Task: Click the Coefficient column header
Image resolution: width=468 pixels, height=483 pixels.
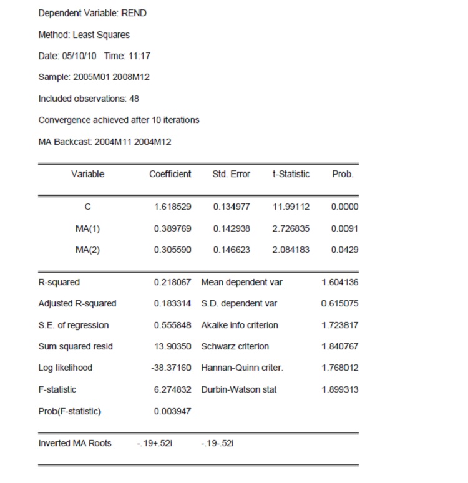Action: point(170,174)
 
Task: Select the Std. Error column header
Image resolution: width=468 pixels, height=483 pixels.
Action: point(231,174)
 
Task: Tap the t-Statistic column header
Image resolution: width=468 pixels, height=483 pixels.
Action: point(290,174)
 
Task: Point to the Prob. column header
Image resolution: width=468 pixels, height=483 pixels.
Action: point(343,174)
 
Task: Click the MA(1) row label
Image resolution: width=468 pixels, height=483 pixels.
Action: point(87,228)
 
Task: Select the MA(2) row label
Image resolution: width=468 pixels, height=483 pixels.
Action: point(87,250)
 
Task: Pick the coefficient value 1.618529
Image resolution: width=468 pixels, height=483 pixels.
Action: point(172,207)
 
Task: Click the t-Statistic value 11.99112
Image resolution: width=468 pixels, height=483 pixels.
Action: point(291,207)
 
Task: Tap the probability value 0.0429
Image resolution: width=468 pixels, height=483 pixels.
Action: point(345,250)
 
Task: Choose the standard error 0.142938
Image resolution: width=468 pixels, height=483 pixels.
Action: point(232,228)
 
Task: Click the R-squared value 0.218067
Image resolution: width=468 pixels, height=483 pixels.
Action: point(172,282)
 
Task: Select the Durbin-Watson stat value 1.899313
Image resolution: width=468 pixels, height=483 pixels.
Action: point(340,389)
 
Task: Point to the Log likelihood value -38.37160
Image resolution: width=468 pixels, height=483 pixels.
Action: point(171,368)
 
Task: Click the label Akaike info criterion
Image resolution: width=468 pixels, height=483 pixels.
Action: point(240,325)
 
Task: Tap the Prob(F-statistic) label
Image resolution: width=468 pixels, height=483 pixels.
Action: point(69,411)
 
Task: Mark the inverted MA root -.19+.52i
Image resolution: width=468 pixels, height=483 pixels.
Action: point(151,443)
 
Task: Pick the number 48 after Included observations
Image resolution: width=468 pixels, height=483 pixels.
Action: point(134,99)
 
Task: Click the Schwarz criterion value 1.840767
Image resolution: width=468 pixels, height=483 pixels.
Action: point(340,346)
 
